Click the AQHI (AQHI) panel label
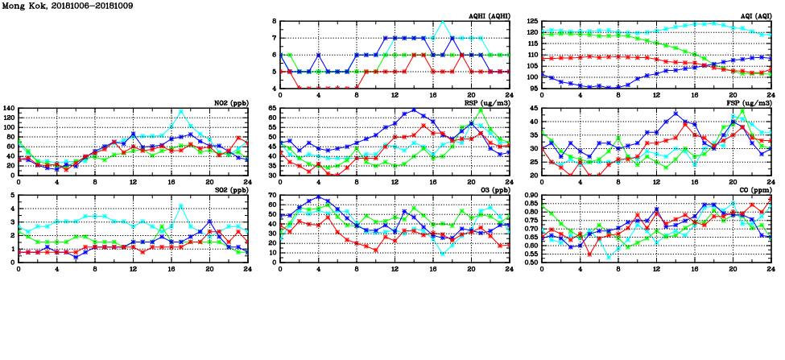coord(488,16)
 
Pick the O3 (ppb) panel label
coord(493,190)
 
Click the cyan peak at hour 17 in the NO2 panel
coord(181,111)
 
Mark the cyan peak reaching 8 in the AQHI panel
coord(443,22)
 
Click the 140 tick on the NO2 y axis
coord(10,108)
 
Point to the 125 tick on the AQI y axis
coord(531,22)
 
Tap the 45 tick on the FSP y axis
coord(533,122)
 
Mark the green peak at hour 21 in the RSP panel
coord(481,109)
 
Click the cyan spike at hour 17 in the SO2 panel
coord(181,205)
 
